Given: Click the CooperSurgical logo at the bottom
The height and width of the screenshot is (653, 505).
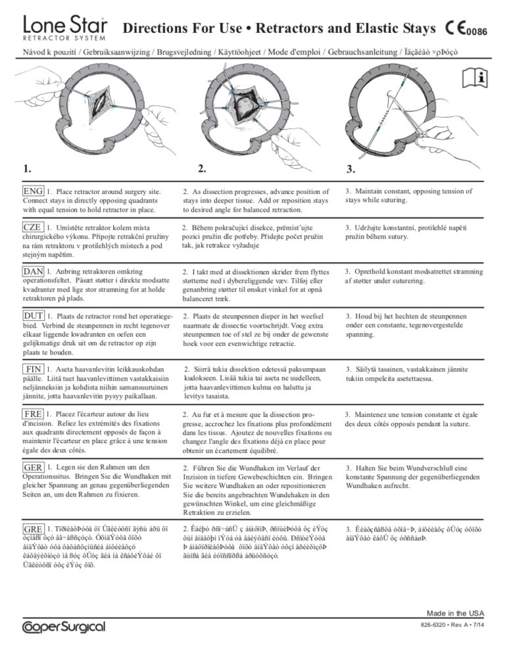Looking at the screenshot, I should tap(63, 627).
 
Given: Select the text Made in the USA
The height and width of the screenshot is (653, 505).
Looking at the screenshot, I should tap(456, 613).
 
